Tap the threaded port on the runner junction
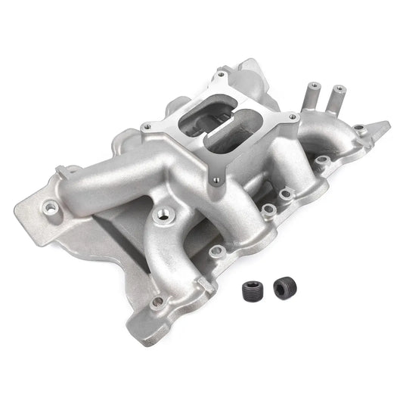click(162, 215)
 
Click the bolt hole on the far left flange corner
click(51, 204)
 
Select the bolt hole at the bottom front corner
click(157, 302)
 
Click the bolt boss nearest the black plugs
click(217, 252)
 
